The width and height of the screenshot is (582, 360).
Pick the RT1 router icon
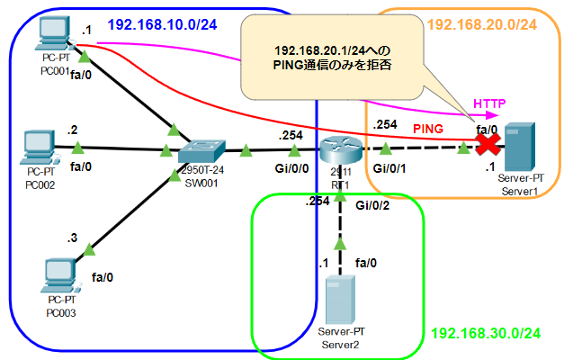pos(338,150)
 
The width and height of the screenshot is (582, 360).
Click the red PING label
pos(429,131)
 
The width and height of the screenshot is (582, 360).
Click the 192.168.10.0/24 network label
pos(162,23)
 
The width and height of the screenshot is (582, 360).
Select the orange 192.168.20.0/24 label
pos(482,24)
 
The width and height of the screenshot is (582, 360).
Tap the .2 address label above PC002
pos(72,130)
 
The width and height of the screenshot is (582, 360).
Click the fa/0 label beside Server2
pos(367,263)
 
